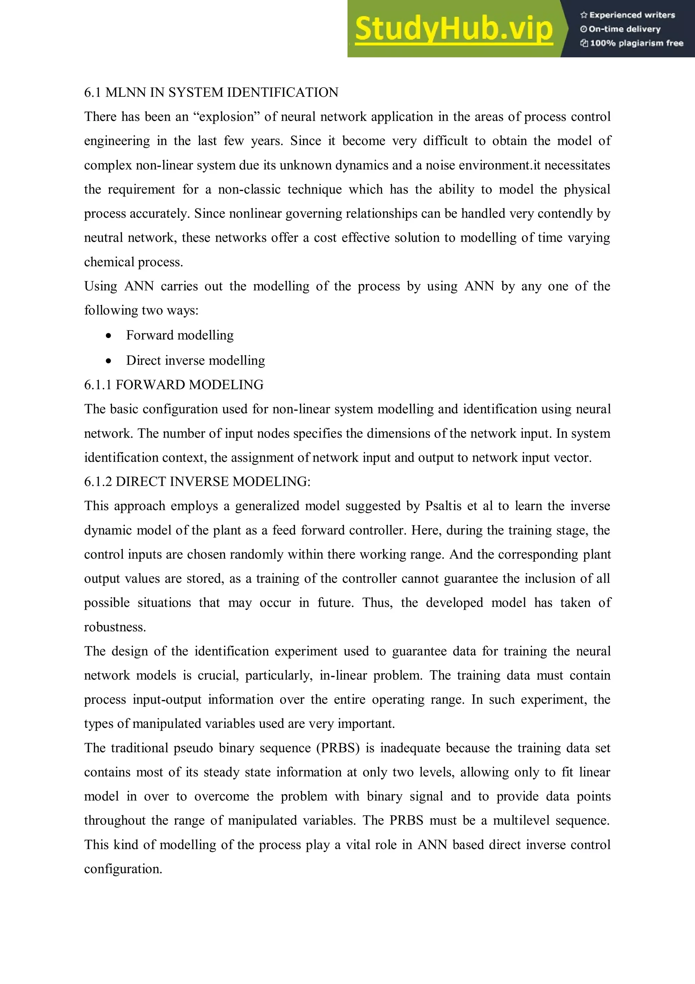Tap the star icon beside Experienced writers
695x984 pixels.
click(584, 15)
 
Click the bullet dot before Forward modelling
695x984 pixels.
click(109, 336)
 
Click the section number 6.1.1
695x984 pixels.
click(98, 385)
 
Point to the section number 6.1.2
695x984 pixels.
click(98, 482)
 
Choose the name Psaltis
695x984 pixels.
click(443, 506)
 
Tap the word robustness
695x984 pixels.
click(115, 627)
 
